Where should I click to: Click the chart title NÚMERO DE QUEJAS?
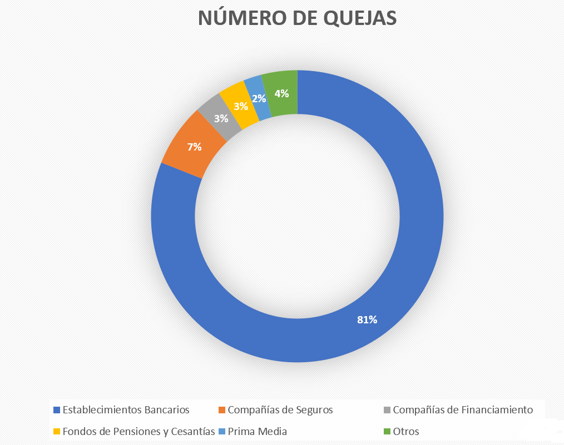297,18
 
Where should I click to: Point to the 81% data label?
367,319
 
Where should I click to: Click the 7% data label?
194,147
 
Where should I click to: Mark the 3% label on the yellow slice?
241,106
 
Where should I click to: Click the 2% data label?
259,98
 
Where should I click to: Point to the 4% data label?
281,94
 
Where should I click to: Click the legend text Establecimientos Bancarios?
126,410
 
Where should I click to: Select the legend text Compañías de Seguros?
280,410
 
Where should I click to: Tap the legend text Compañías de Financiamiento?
463,410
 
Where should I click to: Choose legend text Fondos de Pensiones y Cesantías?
138,431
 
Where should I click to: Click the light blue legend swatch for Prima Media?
222,432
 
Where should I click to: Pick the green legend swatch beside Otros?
387,432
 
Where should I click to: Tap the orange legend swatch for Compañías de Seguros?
222,411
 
